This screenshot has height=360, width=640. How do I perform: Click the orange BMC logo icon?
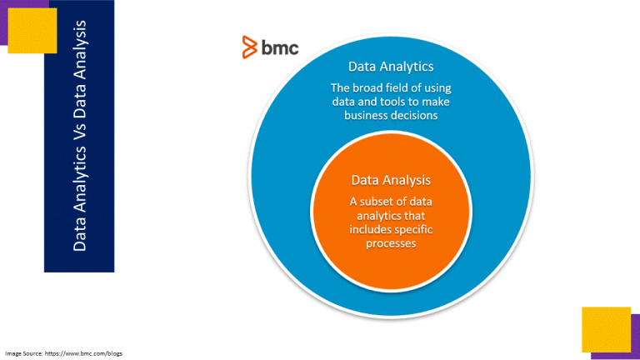coord(249,47)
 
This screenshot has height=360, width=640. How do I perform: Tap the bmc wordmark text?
coord(280,47)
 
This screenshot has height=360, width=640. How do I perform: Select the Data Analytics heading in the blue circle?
coord(391,67)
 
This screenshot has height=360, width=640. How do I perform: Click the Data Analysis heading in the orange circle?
coord(391,180)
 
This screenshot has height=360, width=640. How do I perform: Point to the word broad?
coord(365,87)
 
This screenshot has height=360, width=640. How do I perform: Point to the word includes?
coord(367,229)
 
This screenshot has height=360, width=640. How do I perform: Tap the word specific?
coord(411,230)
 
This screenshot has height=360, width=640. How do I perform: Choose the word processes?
coord(391,244)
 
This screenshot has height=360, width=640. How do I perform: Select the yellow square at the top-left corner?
coord(32,31)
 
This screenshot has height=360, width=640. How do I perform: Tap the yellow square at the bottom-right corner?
coord(606,329)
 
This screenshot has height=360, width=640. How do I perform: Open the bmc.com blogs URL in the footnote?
coord(83,353)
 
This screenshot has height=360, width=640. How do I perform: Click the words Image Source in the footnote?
coord(23,353)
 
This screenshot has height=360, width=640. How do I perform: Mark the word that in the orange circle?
coord(414,216)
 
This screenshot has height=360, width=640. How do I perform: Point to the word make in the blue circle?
coord(436,102)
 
